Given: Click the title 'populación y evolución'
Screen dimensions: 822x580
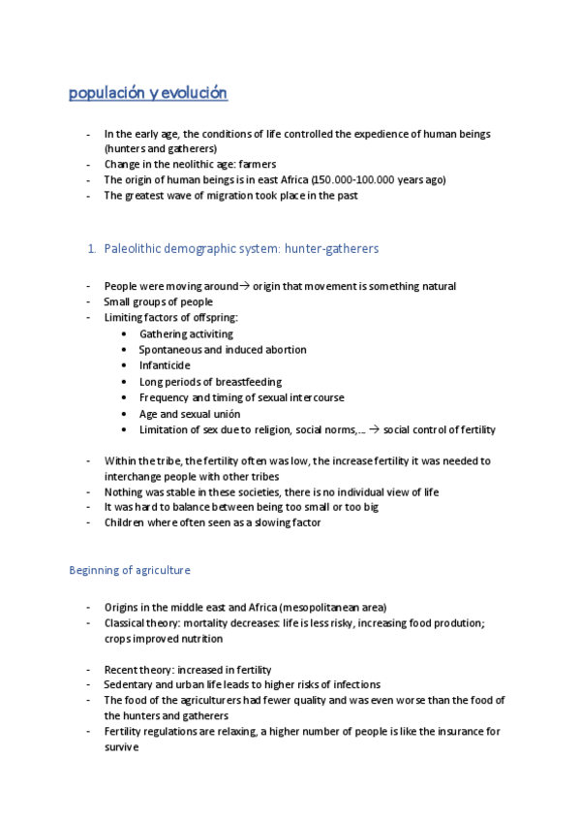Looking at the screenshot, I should click(148, 93).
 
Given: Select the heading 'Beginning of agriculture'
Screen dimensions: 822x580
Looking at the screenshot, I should click(130, 569).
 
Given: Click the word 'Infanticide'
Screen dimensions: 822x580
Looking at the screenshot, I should click(165, 365).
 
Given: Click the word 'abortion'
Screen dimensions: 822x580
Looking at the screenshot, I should click(285, 350).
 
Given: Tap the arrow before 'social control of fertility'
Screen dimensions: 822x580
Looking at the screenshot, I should click(376, 429).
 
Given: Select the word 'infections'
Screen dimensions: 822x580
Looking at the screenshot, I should click(354, 684).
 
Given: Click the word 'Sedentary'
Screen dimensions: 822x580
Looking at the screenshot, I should click(128, 684).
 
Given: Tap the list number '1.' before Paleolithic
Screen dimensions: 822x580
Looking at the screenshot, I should click(92, 249).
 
